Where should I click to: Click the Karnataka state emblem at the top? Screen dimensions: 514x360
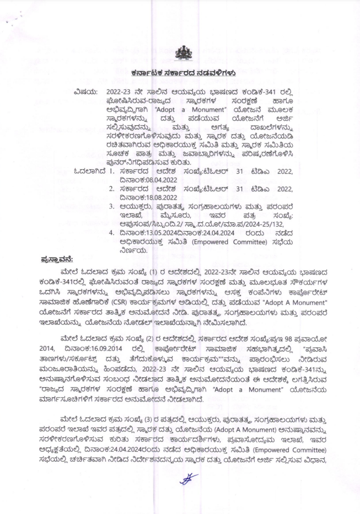180,54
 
